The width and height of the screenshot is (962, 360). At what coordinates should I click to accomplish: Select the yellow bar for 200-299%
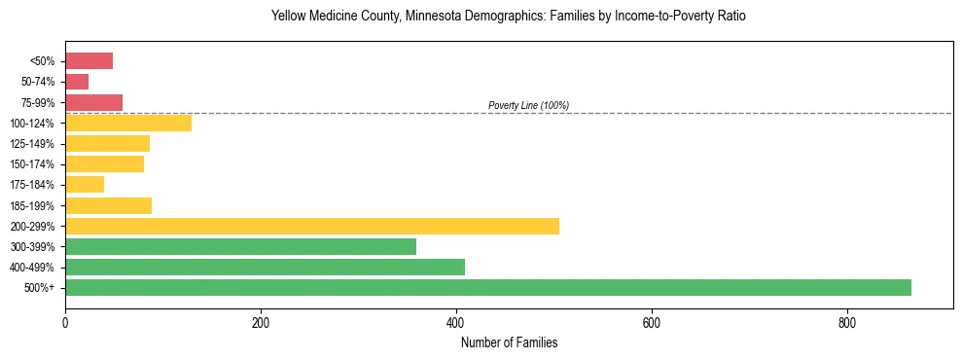tap(312, 226)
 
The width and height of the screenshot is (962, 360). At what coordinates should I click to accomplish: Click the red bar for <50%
tap(89, 61)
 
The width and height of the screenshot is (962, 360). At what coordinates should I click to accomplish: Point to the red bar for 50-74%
tap(77, 82)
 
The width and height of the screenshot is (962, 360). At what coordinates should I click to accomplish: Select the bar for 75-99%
tap(93, 102)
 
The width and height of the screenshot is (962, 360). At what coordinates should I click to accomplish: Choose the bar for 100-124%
tap(128, 123)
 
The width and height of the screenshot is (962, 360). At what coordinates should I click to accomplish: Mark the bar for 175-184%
tap(85, 185)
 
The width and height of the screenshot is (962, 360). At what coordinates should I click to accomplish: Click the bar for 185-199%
tap(108, 205)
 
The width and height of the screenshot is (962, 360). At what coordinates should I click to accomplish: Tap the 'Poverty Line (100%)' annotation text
tap(528, 105)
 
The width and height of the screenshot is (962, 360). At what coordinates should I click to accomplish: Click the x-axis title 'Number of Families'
tap(509, 343)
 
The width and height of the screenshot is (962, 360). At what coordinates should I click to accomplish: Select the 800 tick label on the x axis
tap(847, 323)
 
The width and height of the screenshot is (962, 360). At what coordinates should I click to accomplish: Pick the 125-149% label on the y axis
tap(32, 144)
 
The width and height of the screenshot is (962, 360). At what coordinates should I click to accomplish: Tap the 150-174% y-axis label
tap(32, 164)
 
